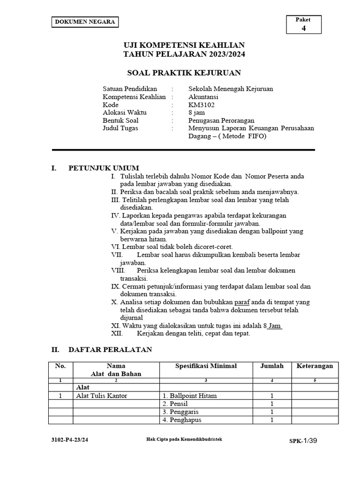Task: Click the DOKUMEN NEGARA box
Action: pos(85,22)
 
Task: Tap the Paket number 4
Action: pos(303,28)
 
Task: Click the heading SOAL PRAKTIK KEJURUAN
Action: pos(184,73)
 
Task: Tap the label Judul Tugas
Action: pos(120,128)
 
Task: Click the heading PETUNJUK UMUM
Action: pos(104,168)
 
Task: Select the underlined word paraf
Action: pos(242,302)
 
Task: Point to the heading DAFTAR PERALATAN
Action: pos(110,350)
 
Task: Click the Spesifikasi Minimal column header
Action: pos(206,366)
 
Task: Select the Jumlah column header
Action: pos(272,366)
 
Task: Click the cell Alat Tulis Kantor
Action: pos(102,396)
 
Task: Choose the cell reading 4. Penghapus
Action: pos(182,420)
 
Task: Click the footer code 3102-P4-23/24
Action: pos(71,440)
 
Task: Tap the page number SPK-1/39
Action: pos(304,441)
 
